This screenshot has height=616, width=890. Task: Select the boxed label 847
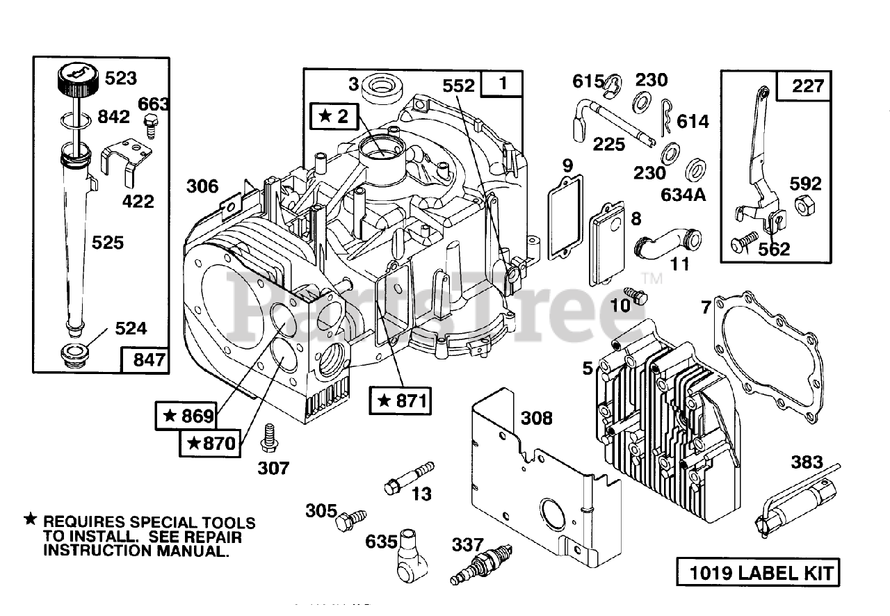[144, 360]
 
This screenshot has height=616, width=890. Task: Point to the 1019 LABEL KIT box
[756, 573]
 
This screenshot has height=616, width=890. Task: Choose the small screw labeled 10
[635, 297]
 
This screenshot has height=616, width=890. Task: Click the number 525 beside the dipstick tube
[107, 242]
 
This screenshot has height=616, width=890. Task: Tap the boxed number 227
[808, 86]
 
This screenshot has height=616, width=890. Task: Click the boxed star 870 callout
[211, 442]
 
